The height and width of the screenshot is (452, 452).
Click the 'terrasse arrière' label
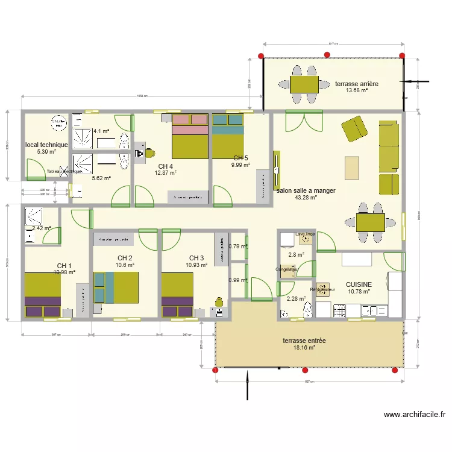point(357,84)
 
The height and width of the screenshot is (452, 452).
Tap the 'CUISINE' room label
point(359,284)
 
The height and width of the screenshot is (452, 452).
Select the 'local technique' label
point(46,145)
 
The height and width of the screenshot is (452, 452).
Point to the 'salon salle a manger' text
point(306,190)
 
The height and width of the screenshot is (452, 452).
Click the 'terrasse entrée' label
point(304,341)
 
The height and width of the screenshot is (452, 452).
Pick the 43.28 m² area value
point(306,198)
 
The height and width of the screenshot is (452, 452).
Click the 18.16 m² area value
point(304,348)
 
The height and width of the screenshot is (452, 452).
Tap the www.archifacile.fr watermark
point(414,415)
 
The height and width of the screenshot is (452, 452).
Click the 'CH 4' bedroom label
point(166,166)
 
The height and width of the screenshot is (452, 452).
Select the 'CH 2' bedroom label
point(125,258)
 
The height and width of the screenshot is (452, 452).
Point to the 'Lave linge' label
point(305,234)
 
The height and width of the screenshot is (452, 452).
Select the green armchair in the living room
point(354,128)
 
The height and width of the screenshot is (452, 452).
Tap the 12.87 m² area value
point(166,173)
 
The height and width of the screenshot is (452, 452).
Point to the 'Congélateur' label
point(287,269)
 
